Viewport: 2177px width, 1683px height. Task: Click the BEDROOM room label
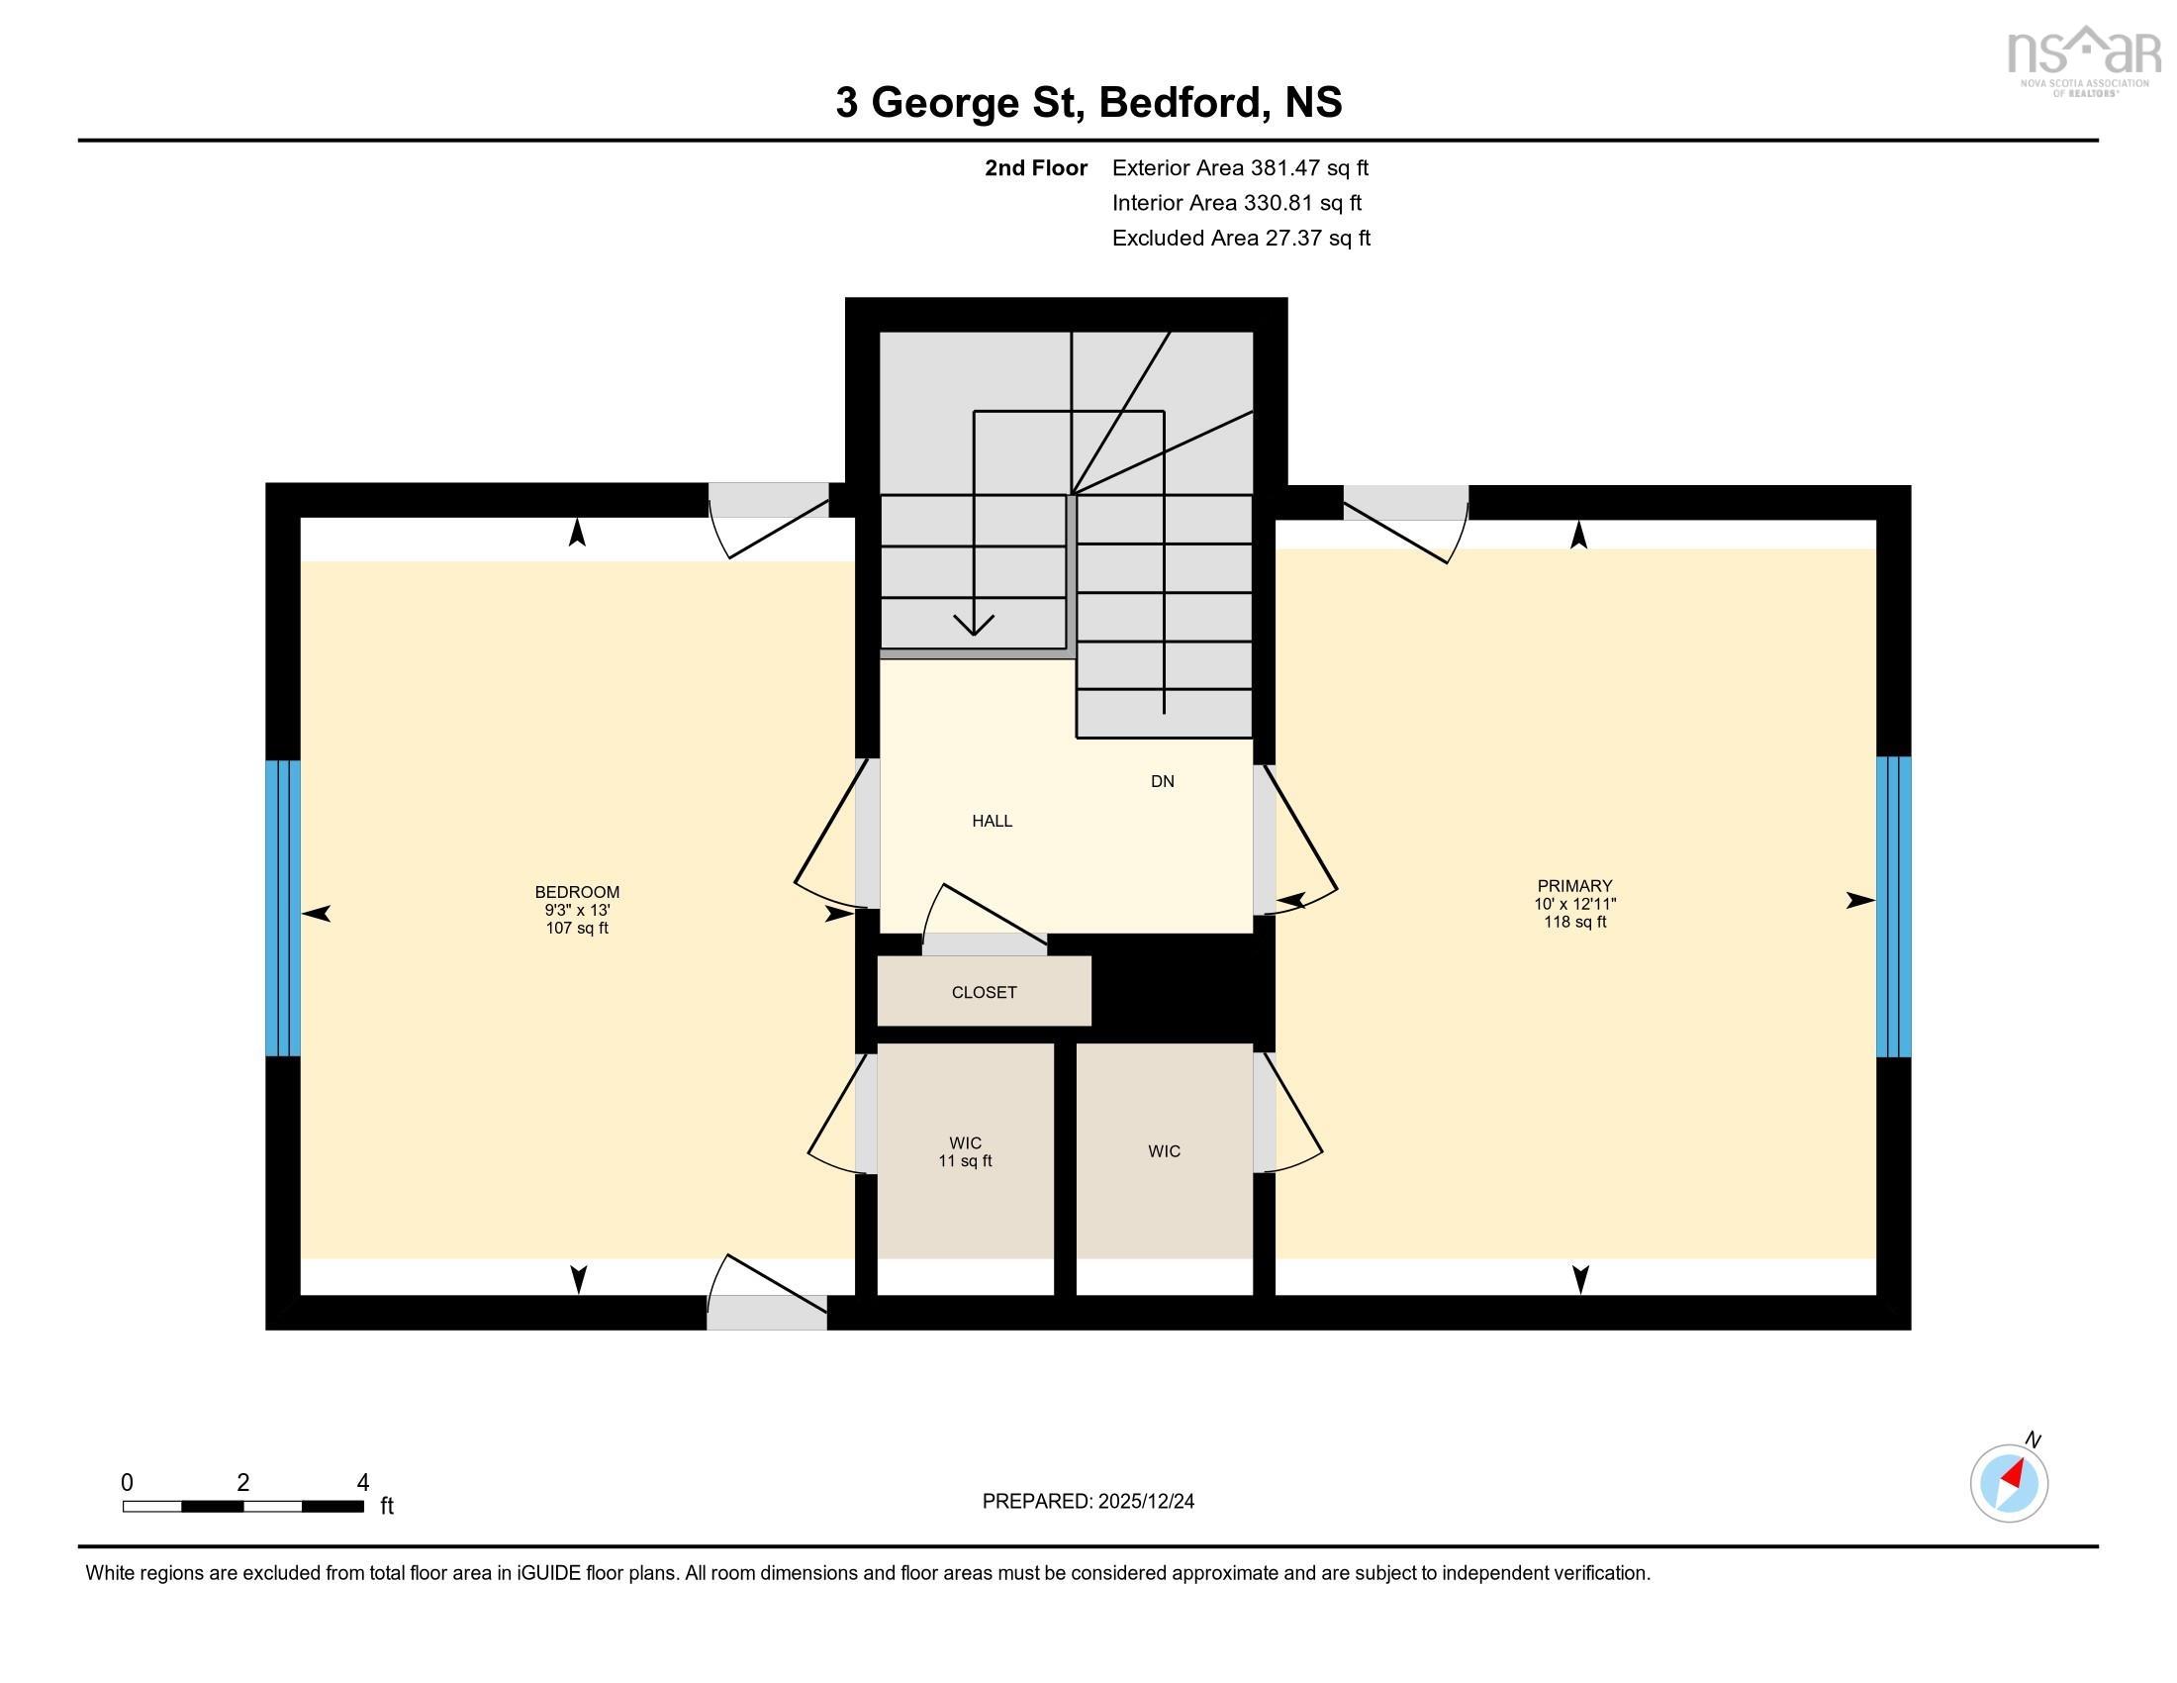[x=576, y=891]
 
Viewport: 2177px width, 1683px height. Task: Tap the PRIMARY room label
[x=1574, y=885]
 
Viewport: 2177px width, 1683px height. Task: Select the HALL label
[x=992, y=821]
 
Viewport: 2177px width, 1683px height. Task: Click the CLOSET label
[x=984, y=992]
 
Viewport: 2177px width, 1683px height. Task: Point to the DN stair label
[x=1163, y=782]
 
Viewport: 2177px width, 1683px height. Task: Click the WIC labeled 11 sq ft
[x=965, y=1151]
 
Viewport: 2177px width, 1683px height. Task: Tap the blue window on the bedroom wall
[x=283, y=907]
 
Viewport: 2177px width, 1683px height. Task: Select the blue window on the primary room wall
[x=1893, y=906]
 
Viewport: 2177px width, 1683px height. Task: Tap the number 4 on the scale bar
[x=363, y=1483]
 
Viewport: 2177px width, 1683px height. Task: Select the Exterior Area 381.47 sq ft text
[x=1240, y=168]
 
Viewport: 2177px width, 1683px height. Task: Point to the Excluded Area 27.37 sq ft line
[x=1241, y=239]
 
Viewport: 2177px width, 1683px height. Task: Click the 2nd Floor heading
[x=1036, y=168]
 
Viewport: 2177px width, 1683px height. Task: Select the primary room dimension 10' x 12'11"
[x=1574, y=904]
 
